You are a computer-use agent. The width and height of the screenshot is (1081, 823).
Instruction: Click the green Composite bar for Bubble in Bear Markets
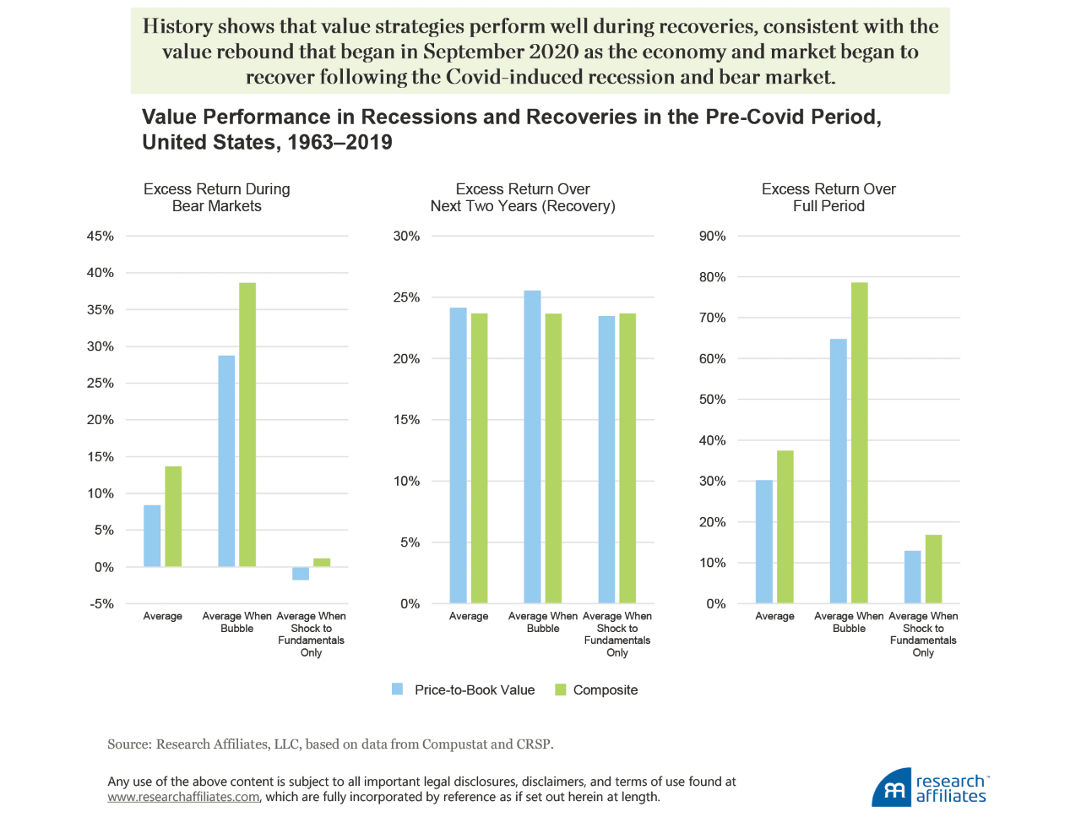point(247,424)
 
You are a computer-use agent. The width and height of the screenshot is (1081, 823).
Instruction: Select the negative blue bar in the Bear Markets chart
point(301,574)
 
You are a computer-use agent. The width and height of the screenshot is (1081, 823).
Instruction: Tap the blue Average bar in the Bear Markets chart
point(152,536)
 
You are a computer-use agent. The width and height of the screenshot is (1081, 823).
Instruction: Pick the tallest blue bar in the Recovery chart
point(532,447)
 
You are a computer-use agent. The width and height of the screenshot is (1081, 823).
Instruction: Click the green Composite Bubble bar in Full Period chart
point(859,443)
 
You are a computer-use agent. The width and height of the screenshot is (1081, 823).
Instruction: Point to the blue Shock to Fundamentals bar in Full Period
point(912,577)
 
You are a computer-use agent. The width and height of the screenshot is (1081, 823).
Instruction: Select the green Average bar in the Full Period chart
point(785,527)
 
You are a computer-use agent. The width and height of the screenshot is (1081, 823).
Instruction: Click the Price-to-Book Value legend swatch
point(398,689)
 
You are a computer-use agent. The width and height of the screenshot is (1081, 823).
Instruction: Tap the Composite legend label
point(605,690)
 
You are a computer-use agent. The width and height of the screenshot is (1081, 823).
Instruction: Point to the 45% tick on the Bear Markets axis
point(100,237)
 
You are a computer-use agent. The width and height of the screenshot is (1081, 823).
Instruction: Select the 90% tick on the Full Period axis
point(712,237)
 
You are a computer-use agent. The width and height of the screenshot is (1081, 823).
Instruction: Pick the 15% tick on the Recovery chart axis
point(406,420)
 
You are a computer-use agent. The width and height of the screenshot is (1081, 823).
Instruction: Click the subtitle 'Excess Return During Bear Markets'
point(216,198)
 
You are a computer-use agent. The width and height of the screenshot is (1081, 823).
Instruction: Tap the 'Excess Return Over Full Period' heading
point(828,198)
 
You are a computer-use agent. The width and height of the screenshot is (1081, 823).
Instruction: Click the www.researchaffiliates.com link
point(183,797)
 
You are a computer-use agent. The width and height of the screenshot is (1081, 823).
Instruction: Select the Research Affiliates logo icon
point(892,788)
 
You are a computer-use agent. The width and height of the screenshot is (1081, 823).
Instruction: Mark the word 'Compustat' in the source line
point(454,744)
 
